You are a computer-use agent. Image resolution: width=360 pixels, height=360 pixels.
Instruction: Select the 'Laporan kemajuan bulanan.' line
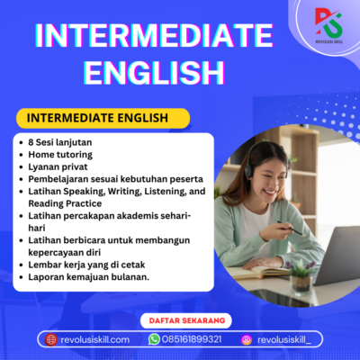[90, 277]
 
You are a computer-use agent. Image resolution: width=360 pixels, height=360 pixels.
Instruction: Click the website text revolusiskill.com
[94, 339]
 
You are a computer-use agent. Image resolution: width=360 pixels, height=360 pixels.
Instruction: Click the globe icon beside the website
[51, 339]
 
